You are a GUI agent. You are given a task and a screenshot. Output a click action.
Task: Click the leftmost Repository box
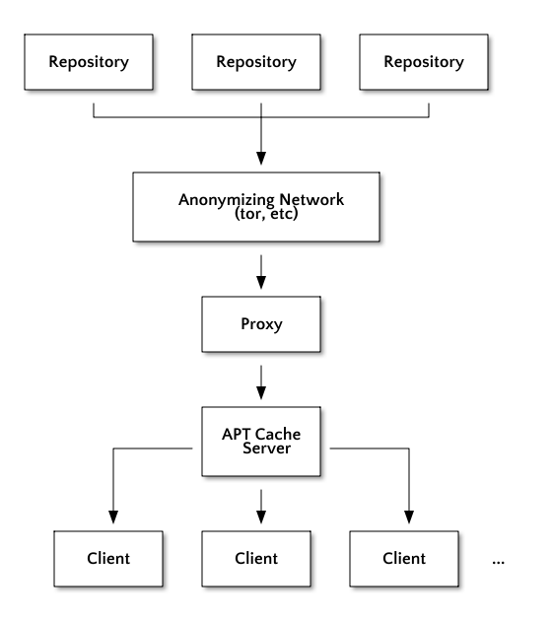tap(89, 62)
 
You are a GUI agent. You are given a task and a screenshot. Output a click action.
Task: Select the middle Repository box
tap(256, 62)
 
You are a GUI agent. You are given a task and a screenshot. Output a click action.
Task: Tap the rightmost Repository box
tap(424, 62)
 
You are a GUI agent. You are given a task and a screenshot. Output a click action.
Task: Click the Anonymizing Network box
tap(256, 207)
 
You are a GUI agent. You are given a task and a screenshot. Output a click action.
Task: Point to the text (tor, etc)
tap(266, 214)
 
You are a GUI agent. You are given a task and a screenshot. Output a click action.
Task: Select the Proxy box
tap(261, 324)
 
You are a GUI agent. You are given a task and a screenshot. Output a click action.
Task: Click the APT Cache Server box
tap(261, 442)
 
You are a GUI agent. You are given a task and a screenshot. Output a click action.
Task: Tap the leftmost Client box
tap(108, 559)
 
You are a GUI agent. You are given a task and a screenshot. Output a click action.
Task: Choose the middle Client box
tap(256, 559)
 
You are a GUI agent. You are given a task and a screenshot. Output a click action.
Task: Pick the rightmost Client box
tap(404, 559)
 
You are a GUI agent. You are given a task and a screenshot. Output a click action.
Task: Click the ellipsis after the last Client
tap(498, 562)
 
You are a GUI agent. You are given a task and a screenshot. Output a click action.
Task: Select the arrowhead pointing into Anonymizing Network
tap(261, 158)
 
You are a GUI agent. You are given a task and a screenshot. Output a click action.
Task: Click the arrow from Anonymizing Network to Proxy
tap(261, 272)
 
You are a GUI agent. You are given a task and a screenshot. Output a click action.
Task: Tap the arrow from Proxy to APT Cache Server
tap(261, 382)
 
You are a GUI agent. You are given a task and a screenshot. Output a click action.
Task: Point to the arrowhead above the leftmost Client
tap(113, 517)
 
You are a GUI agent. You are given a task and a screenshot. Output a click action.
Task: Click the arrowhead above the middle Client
tap(261, 517)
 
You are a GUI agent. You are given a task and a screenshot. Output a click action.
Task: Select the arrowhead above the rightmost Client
tap(409, 517)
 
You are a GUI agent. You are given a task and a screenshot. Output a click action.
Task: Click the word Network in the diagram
tap(311, 199)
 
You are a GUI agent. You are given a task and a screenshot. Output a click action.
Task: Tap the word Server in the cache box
tap(266, 448)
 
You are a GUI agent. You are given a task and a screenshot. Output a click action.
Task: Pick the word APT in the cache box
tap(237, 434)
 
